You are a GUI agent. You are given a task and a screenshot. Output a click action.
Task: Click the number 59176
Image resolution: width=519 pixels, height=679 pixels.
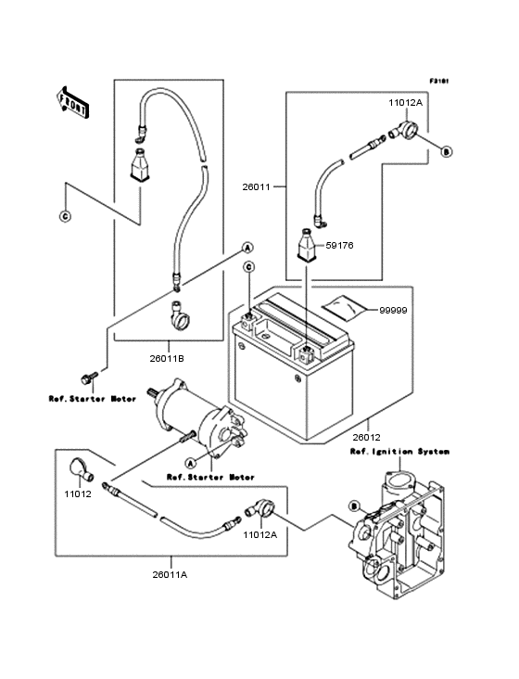(338, 247)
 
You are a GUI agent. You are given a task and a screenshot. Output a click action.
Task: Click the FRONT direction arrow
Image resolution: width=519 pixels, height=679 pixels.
(75, 102)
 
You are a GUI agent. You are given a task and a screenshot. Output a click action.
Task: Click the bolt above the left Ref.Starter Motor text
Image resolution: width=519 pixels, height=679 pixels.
(89, 378)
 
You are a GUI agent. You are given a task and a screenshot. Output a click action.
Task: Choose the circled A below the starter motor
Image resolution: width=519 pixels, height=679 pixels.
(189, 462)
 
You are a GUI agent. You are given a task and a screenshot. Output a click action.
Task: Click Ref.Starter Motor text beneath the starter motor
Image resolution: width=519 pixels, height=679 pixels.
(210, 478)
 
